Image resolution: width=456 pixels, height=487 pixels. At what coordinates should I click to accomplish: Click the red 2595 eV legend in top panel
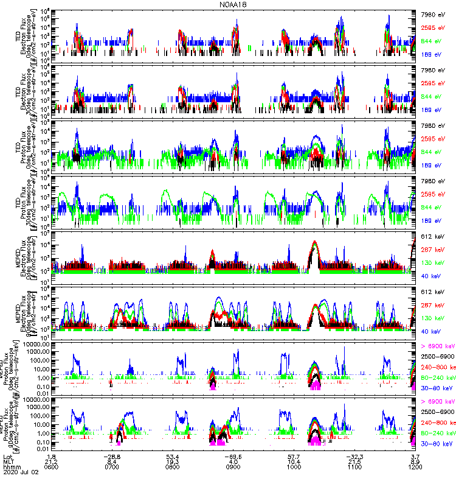point(434,27)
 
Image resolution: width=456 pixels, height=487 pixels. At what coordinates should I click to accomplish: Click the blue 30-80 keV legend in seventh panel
point(435,387)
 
